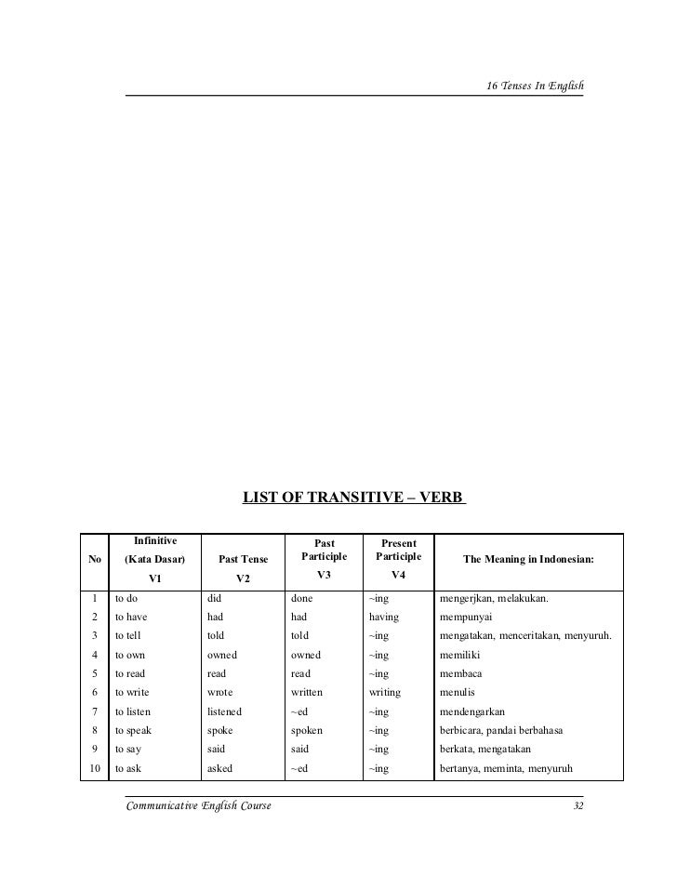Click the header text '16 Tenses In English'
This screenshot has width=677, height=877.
(535, 86)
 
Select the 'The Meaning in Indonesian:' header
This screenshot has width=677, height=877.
(528, 559)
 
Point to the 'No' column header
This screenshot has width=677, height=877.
(94, 559)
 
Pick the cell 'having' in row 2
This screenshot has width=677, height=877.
(384, 616)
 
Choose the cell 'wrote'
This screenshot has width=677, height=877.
(220, 692)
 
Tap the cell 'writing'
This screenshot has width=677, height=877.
(385, 692)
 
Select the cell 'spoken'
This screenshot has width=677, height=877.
(307, 730)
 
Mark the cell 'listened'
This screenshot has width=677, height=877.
(224, 711)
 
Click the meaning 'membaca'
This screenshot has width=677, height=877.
(461, 672)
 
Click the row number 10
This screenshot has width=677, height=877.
(93, 768)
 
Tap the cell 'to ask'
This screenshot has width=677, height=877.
(128, 768)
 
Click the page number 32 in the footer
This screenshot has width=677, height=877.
(577, 805)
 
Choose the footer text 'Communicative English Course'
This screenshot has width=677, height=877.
(198, 805)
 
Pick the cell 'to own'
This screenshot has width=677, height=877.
(130, 654)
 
